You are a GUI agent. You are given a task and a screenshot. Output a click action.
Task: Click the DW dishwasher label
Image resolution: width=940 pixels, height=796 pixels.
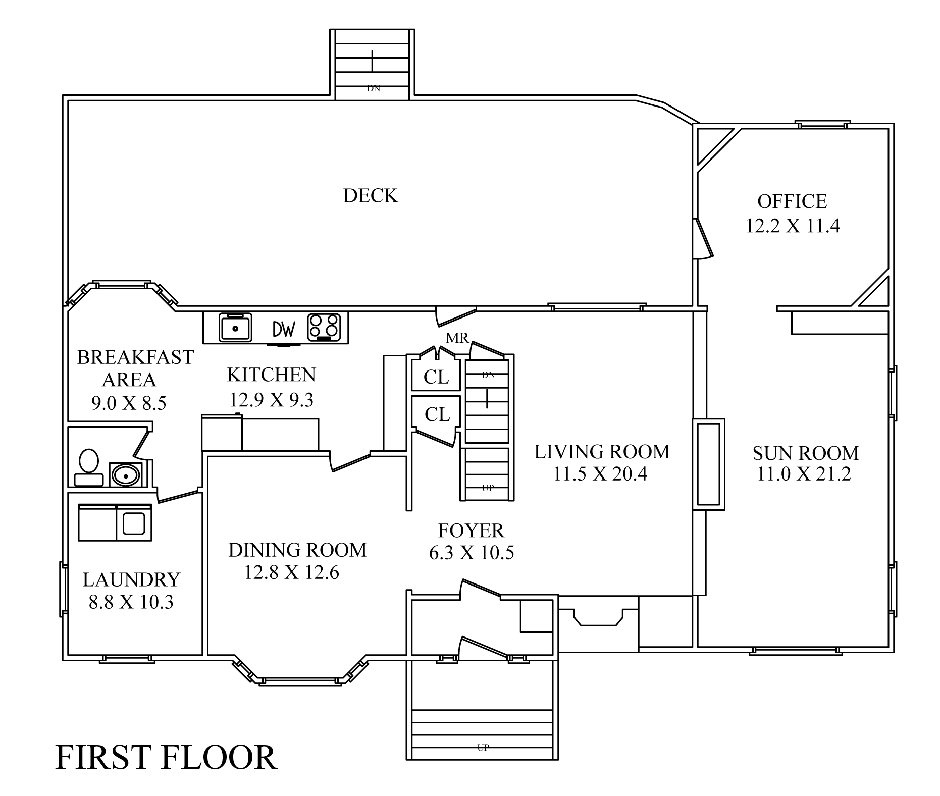(x=284, y=330)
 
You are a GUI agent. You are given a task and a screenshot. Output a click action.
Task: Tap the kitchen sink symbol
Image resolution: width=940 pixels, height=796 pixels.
(x=235, y=327)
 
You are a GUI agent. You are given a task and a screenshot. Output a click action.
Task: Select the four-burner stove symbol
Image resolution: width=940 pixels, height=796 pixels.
(x=324, y=327)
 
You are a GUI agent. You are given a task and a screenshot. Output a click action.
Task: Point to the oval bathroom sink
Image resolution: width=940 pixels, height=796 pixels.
(x=125, y=475)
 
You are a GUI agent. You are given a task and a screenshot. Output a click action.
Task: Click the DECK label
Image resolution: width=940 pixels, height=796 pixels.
(x=371, y=196)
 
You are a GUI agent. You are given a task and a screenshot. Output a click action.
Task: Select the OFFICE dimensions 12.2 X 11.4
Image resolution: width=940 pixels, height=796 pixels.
(x=793, y=226)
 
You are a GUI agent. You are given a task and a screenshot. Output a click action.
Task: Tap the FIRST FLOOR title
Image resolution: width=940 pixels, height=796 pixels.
(x=166, y=757)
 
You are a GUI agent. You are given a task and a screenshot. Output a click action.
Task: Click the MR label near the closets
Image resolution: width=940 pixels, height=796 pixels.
(x=457, y=338)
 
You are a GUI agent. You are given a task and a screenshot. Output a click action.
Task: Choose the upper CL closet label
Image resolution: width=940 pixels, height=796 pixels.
(x=436, y=377)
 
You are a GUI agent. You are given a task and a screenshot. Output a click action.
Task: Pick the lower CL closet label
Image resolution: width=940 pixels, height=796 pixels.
(x=437, y=414)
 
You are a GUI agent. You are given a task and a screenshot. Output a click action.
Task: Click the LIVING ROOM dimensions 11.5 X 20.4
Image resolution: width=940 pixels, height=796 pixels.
(x=600, y=474)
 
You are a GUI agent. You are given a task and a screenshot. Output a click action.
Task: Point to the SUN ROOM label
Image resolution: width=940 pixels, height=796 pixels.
(x=806, y=453)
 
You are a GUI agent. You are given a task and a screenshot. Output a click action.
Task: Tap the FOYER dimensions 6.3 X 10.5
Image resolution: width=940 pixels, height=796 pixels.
(x=472, y=553)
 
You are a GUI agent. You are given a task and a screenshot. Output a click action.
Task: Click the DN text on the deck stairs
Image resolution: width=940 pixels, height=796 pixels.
(x=373, y=88)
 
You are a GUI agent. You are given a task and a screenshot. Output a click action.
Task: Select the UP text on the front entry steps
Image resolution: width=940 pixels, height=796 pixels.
(x=483, y=748)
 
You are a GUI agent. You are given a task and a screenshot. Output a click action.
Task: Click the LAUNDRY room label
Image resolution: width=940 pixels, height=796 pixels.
(x=131, y=579)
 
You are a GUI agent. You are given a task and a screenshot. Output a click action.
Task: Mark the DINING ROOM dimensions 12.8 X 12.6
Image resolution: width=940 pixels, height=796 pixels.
(x=292, y=572)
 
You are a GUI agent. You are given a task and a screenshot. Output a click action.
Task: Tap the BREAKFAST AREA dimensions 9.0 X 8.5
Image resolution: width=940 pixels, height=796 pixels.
(x=129, y=403)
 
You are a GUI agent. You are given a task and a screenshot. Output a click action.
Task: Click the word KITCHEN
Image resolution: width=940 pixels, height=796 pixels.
(x=272, y=375)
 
